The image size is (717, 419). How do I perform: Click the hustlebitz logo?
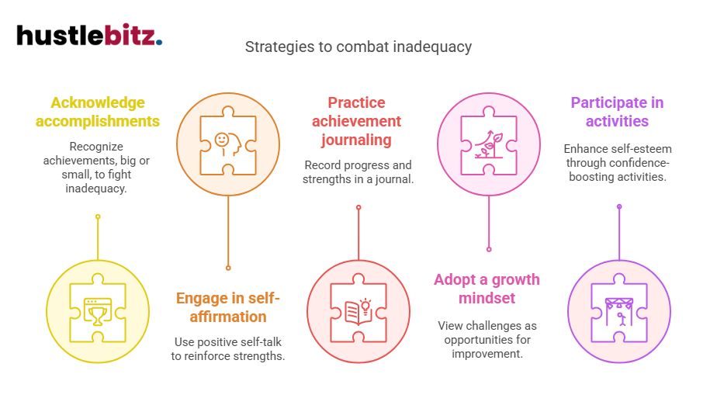88,36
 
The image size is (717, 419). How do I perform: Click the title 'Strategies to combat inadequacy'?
358,47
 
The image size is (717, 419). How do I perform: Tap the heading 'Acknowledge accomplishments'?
97,112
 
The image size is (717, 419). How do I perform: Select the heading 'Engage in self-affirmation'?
227,307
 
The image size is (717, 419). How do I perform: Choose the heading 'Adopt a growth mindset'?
487,289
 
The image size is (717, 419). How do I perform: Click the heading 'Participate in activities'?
617,112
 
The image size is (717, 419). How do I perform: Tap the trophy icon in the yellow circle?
98,313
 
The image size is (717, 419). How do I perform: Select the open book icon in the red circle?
358,311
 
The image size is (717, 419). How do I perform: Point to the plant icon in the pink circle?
488,142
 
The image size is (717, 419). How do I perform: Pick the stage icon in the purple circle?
618,311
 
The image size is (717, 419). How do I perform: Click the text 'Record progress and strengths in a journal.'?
358,172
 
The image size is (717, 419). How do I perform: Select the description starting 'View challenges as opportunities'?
487,339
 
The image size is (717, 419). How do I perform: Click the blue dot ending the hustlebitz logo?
159,43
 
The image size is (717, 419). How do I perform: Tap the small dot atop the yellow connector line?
98,216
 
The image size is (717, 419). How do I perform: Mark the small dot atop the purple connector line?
618,206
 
